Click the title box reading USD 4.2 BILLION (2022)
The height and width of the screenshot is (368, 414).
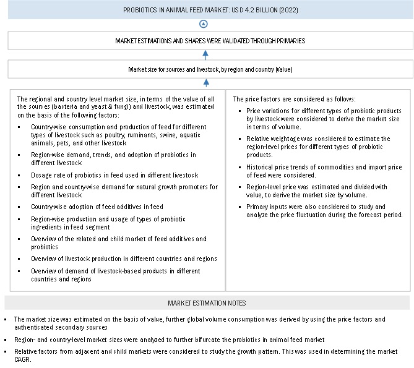click(x=207, y=10)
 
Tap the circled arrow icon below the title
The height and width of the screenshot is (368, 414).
click(x=204, y=24)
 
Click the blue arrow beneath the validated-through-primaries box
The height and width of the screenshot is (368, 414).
click(x=205, y=54)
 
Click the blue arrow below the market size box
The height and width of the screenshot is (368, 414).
click(x=205, y=83)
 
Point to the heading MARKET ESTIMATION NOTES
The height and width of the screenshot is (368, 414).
click(x=207, y=303)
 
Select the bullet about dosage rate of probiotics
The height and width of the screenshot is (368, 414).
click(x=114, y=175)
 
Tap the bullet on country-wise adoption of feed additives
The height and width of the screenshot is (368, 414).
click(x=97, y=207)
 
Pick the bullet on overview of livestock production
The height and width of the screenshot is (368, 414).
click(x=124, y=259)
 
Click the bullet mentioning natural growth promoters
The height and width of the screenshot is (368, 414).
click(x=124, y=190)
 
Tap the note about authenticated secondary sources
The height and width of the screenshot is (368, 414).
click(x=198, y=323)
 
